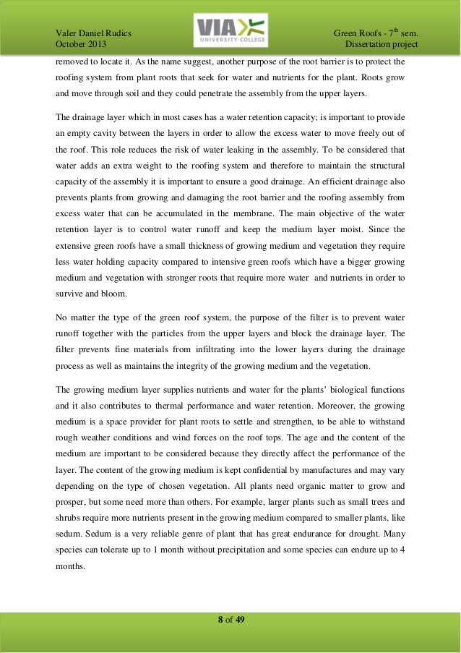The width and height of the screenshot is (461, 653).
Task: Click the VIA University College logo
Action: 231,32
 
